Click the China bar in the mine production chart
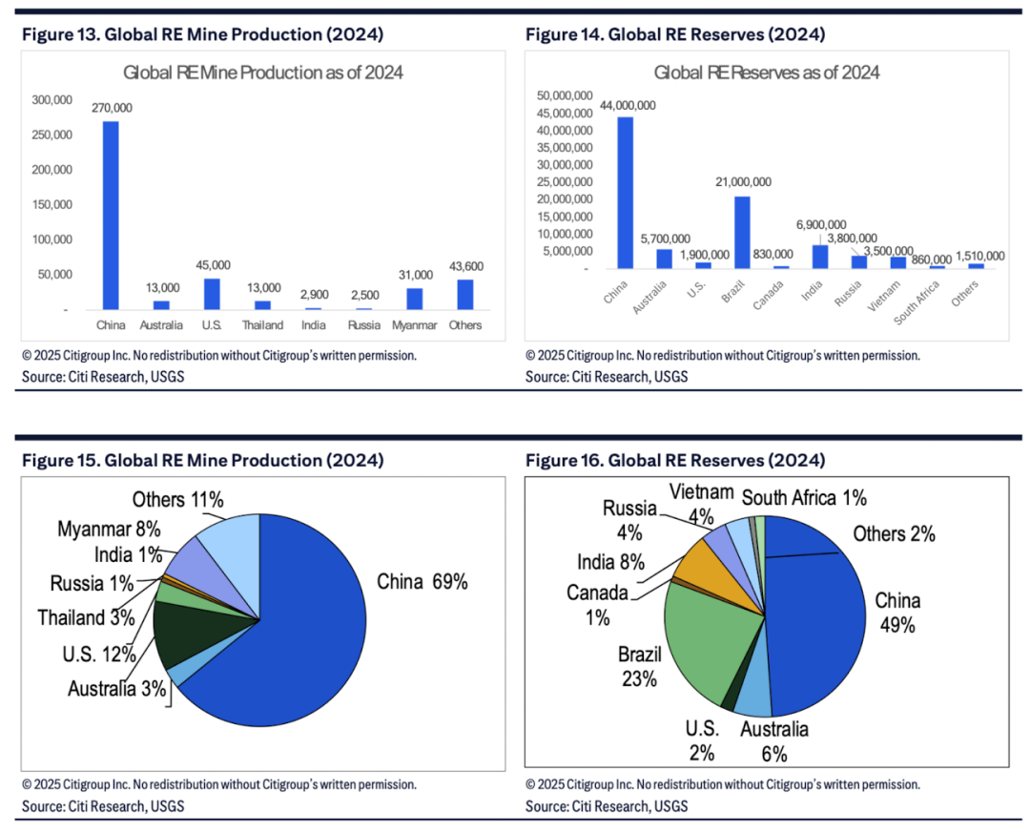[112, 215]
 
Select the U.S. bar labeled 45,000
[212, 294]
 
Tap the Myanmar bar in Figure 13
[414, 299]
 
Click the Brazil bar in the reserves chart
[742, 232]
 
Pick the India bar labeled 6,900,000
[820, 257]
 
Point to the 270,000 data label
[112, 108]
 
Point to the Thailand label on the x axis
[262, 325]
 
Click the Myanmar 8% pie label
[109, 529]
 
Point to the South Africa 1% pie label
[804, 497]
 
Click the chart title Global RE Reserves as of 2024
[767, 73]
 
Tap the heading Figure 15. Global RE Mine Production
[202, 460]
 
